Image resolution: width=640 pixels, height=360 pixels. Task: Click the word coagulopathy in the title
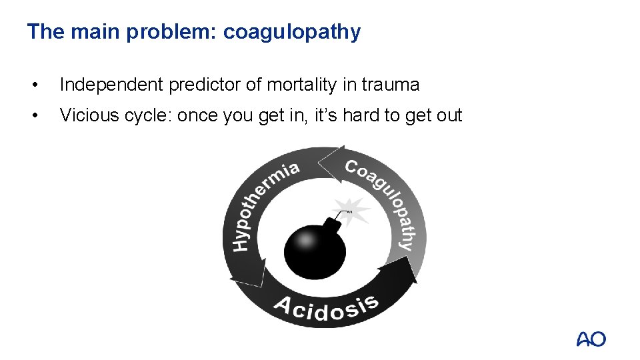click(291, 32)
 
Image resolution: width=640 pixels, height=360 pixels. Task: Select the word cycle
click(145, 115)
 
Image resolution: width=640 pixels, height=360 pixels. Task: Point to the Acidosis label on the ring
click(326, 307)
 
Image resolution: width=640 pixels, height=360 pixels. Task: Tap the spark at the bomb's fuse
click(353, 210)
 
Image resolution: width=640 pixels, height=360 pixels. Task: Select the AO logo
click(591, 339)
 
